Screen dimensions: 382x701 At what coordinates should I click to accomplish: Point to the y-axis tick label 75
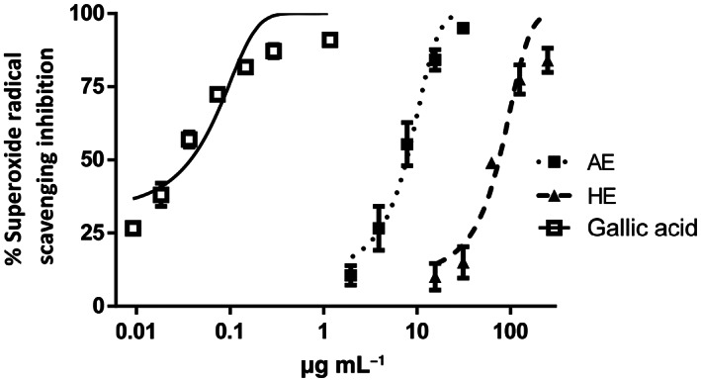tap(97, 86)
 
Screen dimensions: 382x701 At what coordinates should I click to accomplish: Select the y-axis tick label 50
tap(97, 159)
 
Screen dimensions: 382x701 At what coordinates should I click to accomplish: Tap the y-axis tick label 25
tap(97, 233)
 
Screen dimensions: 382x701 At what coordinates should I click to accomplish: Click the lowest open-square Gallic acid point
tap(133, 229)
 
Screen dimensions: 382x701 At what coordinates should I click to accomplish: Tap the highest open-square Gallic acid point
tap(330, 40)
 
